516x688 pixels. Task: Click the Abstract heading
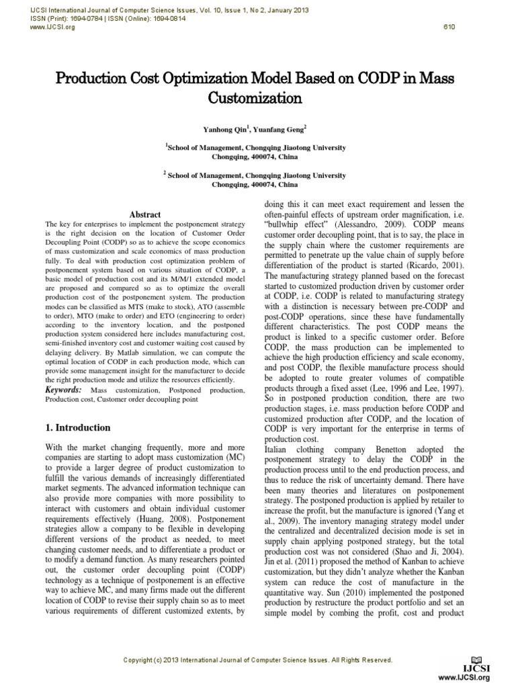pyautogui.click(x=144, y=214)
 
